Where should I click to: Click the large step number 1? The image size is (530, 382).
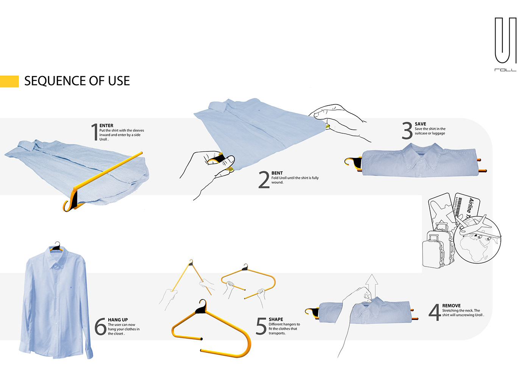(95, 132)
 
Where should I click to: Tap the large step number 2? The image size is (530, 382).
(264, 179)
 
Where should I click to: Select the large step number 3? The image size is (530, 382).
(407, 131)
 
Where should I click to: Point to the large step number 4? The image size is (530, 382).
(435, 312)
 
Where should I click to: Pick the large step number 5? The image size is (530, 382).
(261, 326)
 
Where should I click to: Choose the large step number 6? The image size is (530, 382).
(100, 326)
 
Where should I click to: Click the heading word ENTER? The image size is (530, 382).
(106, 126)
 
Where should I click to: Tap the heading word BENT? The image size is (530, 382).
(277, 173)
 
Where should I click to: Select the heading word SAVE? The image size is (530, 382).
(420, 124)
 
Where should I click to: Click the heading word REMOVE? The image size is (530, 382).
(451, 306)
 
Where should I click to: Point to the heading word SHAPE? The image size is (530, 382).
(276, 320)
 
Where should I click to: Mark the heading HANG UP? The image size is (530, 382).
(118, 320)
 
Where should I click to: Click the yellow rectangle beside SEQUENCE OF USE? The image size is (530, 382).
(9, 81)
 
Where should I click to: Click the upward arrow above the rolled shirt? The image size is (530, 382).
(372, 284)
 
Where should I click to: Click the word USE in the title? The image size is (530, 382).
(118, 81)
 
